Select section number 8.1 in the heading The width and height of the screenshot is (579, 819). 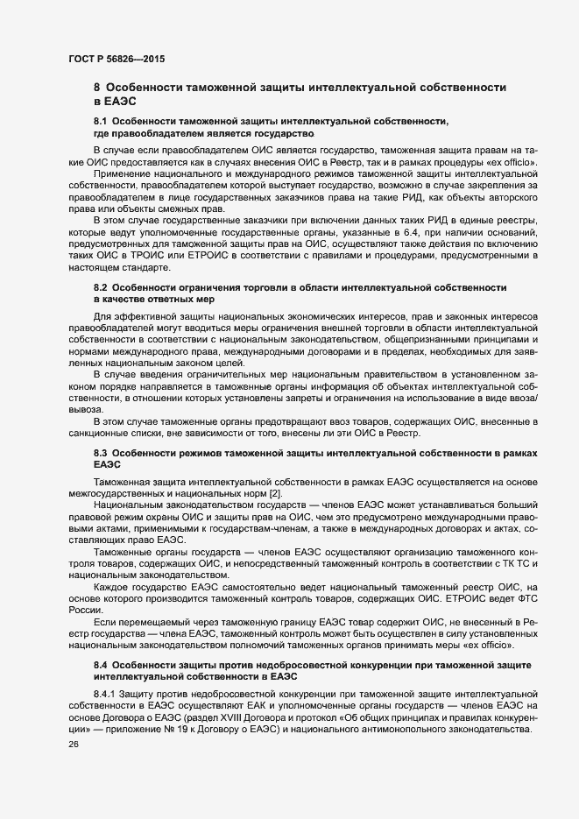click(x=99, y=118)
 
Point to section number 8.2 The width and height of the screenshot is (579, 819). click(x=99, y=287)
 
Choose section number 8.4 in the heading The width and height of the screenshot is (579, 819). click(x=99, y=666)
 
